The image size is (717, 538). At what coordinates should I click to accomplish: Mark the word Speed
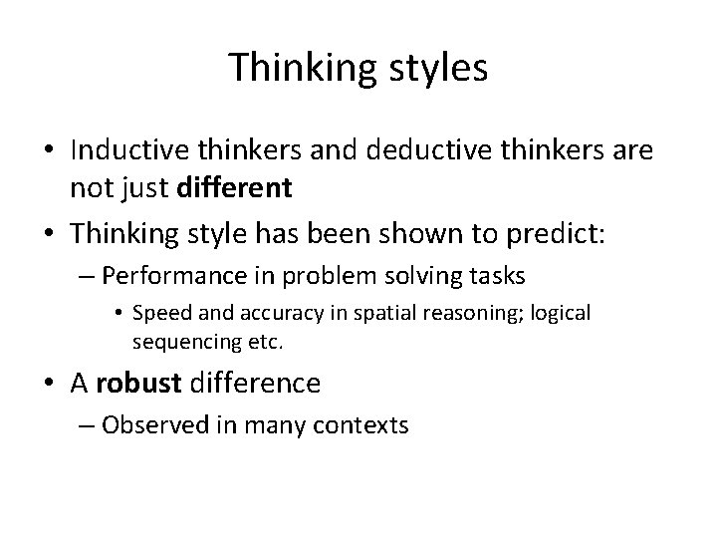(158, 314)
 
